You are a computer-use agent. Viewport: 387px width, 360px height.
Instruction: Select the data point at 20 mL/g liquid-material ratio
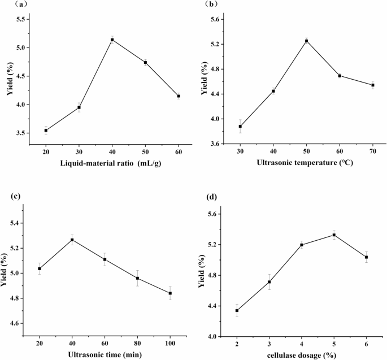(x=46, y=130)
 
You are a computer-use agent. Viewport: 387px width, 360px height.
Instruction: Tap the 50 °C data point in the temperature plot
(x=306, y=41)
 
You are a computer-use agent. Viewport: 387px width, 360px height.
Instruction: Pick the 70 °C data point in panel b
(x=373, y=85)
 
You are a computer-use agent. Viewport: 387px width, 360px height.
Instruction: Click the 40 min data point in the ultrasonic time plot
(x=72, y=240)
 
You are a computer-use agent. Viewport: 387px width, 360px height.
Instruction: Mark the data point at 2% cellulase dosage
(x=237, y=310)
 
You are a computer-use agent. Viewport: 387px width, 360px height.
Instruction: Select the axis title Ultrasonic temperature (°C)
(x=306, y=163)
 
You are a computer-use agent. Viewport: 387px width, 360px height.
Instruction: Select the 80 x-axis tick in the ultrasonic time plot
(x=138, y=344)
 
